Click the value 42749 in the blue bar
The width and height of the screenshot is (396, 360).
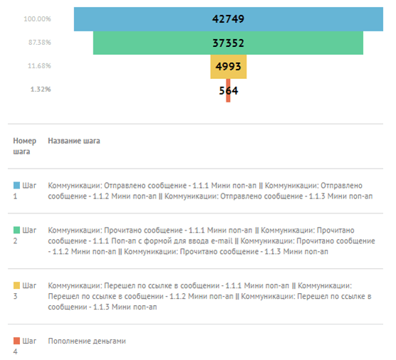click(228, 19)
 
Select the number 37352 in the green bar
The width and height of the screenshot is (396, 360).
click(228, 43)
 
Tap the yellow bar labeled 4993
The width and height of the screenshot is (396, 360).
click(229, 67)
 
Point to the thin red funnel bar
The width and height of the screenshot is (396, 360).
click(228, 90)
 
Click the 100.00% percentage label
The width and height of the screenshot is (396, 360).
click(37, 19)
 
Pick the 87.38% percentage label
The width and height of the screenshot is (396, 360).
click(39, 43)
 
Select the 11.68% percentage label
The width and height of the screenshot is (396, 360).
click(39, 66)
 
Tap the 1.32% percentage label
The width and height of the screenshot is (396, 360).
click(41, 90)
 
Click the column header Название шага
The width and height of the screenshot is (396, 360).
click(74, 141)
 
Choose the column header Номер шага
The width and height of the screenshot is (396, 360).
click(24, 146)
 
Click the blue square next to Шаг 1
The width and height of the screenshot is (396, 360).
click(16, 186)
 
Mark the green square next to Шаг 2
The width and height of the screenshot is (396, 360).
click(16, 230)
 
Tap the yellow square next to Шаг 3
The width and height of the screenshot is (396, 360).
click(16, 285)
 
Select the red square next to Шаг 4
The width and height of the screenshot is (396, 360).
click(16, 341)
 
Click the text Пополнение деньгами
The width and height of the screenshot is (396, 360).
click(87, 341)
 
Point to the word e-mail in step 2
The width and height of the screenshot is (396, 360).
click(222, 241)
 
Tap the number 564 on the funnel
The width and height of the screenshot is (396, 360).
click(229, 90)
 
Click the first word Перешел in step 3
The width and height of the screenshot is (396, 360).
click(118, 286)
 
